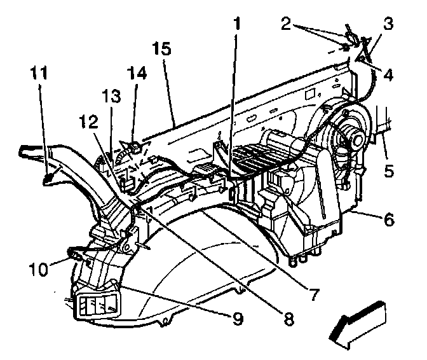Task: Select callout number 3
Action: [388, 25]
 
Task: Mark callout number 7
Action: [312, 294]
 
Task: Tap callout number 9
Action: [236, 317]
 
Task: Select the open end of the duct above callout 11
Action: [27, 153]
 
